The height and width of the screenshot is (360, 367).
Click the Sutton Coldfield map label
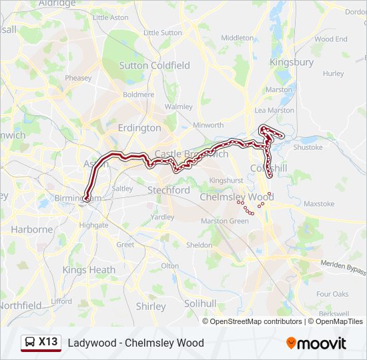(154, 65)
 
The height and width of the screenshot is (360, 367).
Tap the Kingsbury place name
(291, 62)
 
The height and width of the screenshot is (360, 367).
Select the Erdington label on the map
(139, 127)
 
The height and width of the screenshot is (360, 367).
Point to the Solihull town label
(200, 303)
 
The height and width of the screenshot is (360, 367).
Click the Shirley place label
(151, 307)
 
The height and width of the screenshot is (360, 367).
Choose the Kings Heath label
(89, 270)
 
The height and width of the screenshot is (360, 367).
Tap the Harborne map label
(31, 229)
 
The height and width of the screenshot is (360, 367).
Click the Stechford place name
(169, 190)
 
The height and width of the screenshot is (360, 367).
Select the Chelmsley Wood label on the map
(237, 197)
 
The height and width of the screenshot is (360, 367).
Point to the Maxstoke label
(319, 203)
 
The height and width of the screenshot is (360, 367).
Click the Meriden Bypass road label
(342, 267)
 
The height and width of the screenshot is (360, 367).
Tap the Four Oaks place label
(332, 294)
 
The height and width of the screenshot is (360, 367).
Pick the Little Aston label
(111, 17)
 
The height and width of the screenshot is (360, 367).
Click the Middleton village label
(237, 38)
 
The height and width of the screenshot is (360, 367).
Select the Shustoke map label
(308, 147)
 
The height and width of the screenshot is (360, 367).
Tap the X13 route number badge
(48, 342)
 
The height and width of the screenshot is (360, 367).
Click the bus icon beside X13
(30, 343)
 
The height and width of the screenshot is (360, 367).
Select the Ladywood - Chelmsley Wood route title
(135, 343)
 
